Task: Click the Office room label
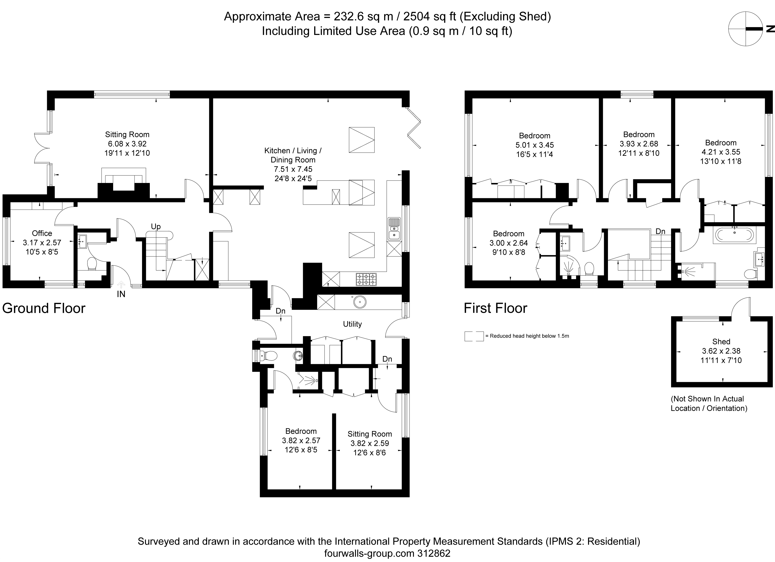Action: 42,233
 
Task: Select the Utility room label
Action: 352,324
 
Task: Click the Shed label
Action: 721,341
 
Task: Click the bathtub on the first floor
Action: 734,235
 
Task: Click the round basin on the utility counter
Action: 360,302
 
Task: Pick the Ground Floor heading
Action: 44,308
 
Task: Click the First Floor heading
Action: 496,308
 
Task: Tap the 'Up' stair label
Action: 156,227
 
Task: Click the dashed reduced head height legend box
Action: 474,336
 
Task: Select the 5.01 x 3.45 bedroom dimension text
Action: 534,145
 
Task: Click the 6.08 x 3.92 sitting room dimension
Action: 127,144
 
